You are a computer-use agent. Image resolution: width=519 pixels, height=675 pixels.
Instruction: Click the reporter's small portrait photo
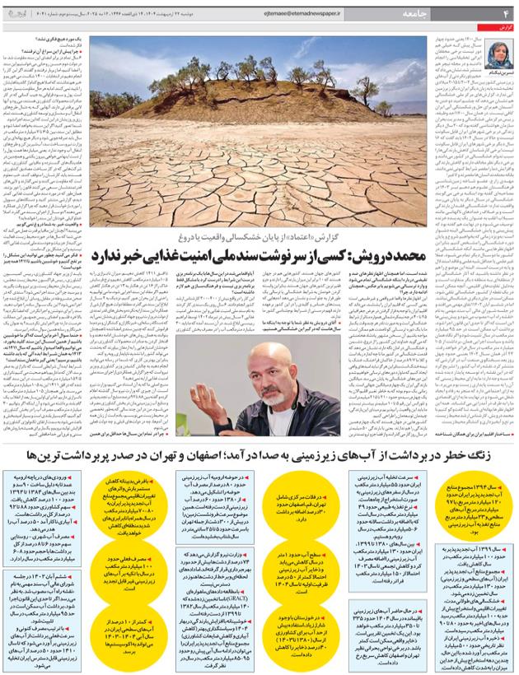click(501, 52)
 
